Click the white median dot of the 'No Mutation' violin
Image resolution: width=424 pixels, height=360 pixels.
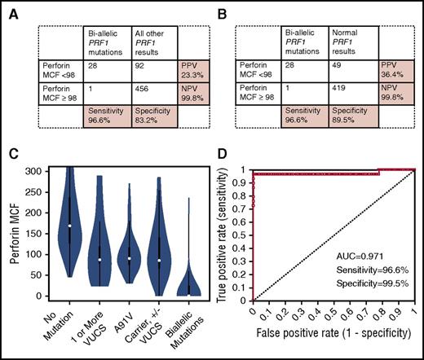pos(69,226)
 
